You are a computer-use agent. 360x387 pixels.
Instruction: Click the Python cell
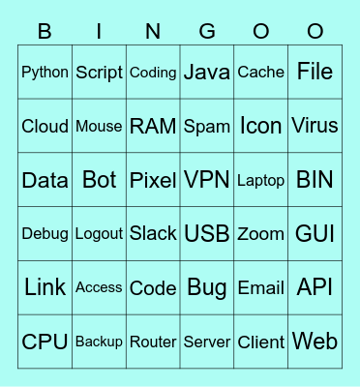click(x=45, y=72)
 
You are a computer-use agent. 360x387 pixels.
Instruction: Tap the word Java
click(x=207, y=72)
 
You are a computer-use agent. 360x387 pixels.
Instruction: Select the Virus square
click(x=315, y=126)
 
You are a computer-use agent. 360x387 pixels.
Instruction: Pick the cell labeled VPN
click(x=207, y=180)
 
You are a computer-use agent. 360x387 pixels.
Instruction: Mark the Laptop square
click(x=261, y=180)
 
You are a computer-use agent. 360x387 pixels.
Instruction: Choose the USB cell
click(x=207, y=233)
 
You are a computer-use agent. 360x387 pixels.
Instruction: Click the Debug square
click(x=45, y=233)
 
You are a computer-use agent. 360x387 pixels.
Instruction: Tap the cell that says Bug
click(x=207, y=287)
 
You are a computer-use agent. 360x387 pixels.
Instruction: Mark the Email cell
click(x=261, y=287)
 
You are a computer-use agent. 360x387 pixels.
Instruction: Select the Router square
click(x=153, y=342)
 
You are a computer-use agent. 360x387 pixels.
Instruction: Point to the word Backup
click(x=99, y=342)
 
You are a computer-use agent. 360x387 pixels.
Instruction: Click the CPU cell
click(x=45, y=342)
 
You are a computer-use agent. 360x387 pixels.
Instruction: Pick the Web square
click(x=315, y=342)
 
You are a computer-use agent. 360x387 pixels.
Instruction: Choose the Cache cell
click(x=261, y=72)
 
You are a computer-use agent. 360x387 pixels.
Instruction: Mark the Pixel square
click(x=153, y=180)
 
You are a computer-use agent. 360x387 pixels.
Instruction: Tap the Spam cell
click(x=207, y=126)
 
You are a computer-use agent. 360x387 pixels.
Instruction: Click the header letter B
click(x=45, y=32)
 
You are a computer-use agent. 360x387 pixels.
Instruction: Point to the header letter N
click(x=153, y=32)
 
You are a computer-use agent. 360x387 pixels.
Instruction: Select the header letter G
click(x=207, y=32)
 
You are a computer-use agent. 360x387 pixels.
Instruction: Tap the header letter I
click(x=99, y=32)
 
